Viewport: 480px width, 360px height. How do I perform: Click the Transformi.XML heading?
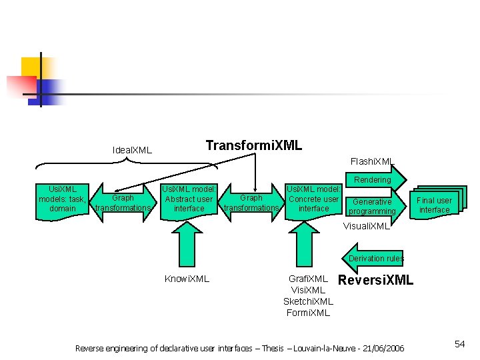254,145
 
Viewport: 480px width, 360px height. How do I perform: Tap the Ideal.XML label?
132,150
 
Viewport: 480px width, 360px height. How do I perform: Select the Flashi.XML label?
372,161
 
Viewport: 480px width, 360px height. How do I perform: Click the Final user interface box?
434,205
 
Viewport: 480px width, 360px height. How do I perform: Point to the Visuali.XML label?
366,226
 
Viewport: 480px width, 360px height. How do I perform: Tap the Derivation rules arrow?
376,259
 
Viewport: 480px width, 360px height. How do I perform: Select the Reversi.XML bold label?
376,280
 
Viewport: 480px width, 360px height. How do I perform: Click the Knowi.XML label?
187,279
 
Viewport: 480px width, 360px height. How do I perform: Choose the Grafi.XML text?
308,279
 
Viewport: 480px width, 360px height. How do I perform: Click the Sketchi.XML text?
308,301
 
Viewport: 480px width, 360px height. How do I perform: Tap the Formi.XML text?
308,313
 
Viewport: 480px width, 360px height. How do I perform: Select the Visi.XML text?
308,290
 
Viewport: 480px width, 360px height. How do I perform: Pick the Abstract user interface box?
189,199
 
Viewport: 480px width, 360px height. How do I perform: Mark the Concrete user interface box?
313,199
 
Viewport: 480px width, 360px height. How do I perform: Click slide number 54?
459,344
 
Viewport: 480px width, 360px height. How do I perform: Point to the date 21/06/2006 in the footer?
381,348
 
